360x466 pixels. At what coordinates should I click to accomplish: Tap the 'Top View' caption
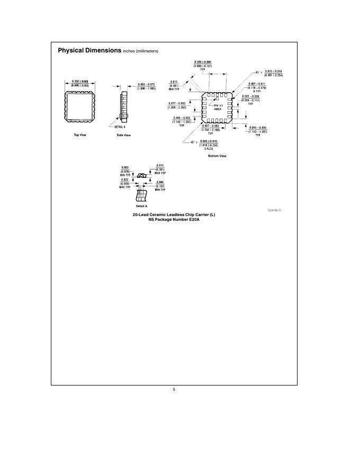tap(80, 135)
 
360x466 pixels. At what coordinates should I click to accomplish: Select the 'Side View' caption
tap(123, 135)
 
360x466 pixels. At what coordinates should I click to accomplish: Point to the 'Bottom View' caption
tap(217, 156)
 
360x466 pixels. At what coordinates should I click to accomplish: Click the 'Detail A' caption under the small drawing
tap(141, 205)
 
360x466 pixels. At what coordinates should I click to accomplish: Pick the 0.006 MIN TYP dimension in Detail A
tap(160, 182)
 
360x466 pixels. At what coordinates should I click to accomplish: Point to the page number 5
tap(174, 390)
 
